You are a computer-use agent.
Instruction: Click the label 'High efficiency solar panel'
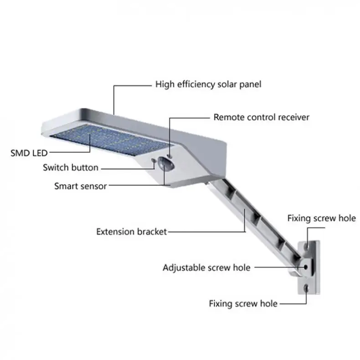208,84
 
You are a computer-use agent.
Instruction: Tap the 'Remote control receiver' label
261,117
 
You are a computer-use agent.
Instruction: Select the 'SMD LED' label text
29,152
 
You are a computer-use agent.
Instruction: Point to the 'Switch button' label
71,167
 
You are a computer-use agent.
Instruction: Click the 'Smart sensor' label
81,185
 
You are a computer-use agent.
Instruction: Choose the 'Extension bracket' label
132,231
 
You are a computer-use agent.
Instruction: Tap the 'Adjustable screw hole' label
206,267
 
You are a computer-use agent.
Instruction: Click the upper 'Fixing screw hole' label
321,218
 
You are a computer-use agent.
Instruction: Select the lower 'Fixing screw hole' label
243,303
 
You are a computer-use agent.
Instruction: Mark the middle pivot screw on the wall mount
307,267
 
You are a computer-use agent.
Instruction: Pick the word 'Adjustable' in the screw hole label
184,267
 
